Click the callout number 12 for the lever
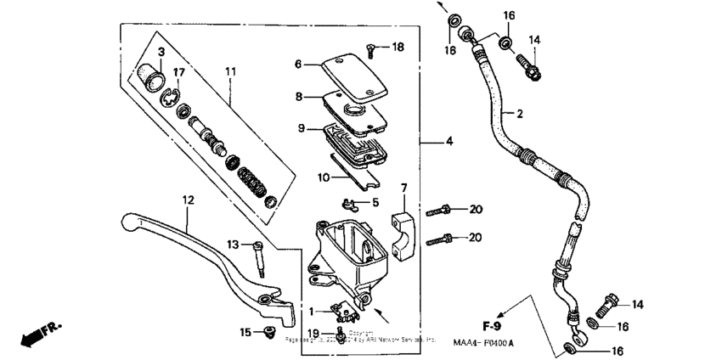pos(188,200)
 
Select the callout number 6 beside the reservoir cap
pos(298,64)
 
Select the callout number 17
pos(179,71)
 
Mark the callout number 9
pos(298,128)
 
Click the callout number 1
pos(311,311)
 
